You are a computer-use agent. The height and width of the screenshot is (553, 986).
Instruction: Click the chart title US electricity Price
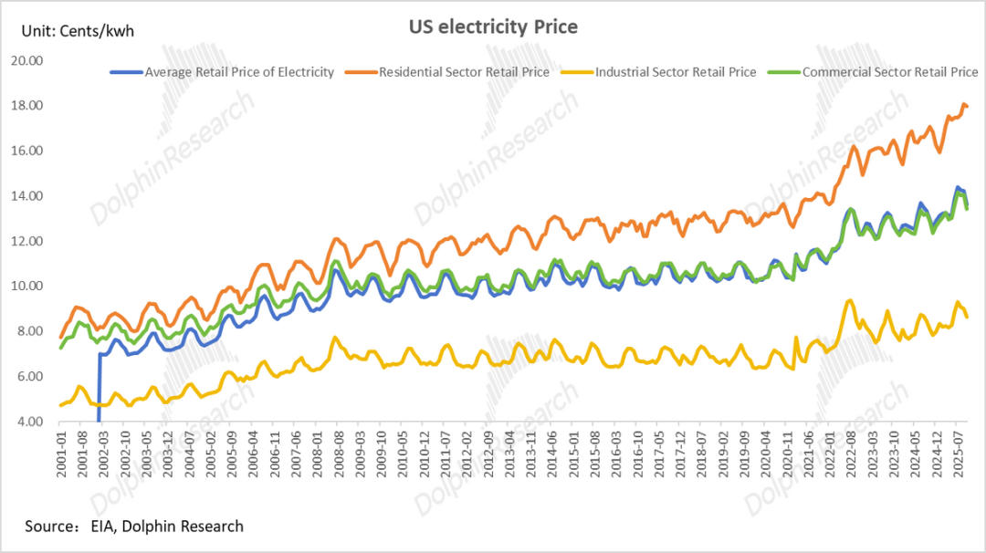pos(492,26)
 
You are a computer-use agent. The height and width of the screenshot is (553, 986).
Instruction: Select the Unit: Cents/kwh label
pos(77,31)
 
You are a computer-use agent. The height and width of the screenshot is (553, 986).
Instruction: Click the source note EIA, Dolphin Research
pos(134,526)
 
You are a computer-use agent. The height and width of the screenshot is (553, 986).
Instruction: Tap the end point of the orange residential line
pos(968,107)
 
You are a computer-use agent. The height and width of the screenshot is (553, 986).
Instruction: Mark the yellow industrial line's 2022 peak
pos(850,300)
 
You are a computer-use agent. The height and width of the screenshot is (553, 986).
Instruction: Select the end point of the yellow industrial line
pos(968,317)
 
